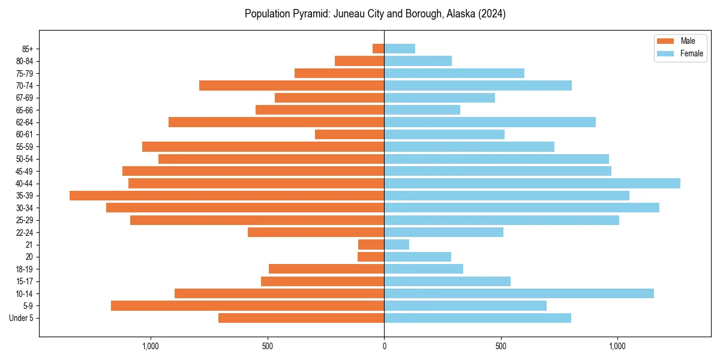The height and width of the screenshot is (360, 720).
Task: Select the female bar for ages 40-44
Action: pos(532,183)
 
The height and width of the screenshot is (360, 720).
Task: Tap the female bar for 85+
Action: pos(400,49)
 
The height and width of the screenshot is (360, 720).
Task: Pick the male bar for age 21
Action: pos(371,244)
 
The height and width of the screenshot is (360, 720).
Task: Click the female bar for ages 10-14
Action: pos(519,293)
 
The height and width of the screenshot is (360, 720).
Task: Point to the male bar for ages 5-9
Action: pos(247,305)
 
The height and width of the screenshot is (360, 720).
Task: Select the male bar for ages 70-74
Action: pos(292,85)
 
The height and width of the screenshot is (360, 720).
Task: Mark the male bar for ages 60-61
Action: pos(349,134)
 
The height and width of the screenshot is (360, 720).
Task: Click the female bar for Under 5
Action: pos(478,318)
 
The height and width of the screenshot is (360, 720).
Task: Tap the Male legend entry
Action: pos(688,41)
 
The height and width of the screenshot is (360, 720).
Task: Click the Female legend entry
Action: pos(691,53)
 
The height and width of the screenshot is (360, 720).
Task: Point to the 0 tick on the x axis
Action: pos(384,346)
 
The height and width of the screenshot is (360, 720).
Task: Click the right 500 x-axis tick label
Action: pos(501,346)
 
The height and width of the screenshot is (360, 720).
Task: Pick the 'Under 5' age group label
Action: pos(21,318)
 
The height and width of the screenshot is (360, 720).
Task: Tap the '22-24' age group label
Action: pos(25,232)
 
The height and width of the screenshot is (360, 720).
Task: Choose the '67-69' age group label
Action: pos(25,98)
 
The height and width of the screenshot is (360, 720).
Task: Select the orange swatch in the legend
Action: pos(665,41)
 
